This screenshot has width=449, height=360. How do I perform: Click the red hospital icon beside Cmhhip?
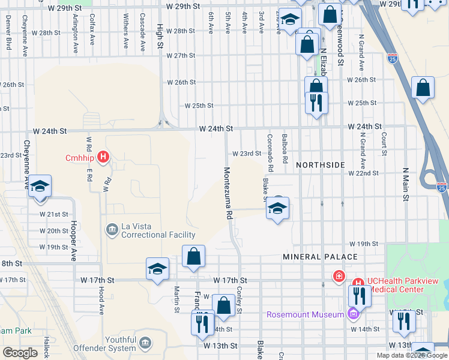[x=103, y=158]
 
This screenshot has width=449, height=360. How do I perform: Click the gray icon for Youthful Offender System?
[x=145, y=343]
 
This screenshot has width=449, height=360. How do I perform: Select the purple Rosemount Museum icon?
[x=354, y=314]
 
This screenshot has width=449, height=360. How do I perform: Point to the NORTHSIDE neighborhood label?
[x=321, y=164]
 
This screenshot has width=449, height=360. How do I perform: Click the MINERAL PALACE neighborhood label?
[x=320, y=257]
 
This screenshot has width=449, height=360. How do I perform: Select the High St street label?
[x=160, y=38]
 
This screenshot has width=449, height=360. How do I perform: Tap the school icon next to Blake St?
[x=277, y=209]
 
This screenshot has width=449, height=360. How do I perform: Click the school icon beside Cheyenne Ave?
[x=40, y=186]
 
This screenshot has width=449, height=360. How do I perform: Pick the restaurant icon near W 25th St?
[x=316, y=102]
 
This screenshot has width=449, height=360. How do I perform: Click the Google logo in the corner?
[x=20, y=353]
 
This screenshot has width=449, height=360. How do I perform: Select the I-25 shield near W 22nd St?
[x=442, y=187]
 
